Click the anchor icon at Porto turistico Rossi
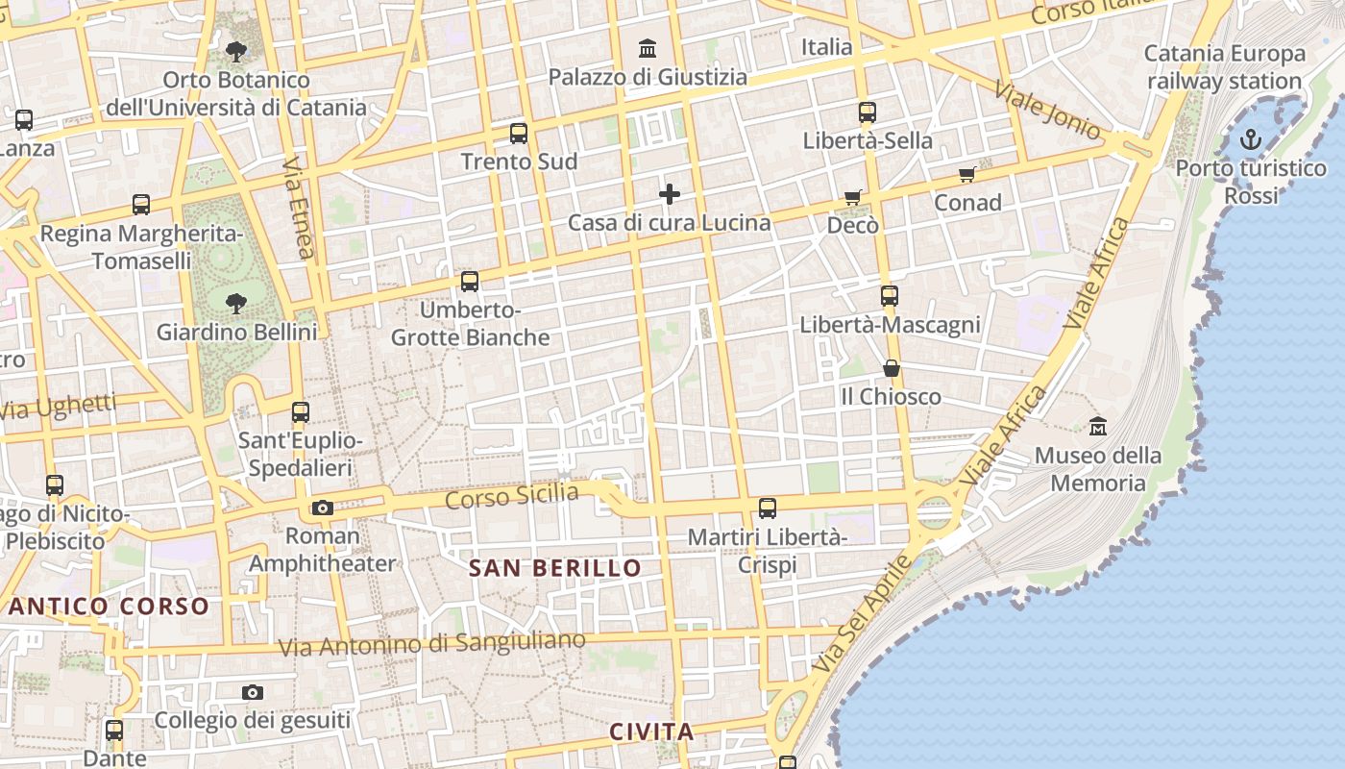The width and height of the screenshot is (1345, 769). [1250, 140]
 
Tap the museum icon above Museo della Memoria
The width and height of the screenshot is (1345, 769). [1097, 425]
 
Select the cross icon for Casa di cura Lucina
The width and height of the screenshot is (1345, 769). [670, 195]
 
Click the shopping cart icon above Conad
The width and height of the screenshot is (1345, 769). [967, 175]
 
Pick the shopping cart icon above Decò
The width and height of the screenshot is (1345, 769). [852, 198]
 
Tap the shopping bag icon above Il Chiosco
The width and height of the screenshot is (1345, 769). [892, 369]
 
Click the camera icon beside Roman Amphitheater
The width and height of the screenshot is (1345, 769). [323, 508]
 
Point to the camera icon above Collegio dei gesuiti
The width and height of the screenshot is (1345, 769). [253, 692]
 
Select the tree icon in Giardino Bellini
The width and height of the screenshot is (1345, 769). [235, 305]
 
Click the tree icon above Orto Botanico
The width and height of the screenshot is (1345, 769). [235, 52]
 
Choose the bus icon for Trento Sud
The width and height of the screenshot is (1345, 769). [519, 134]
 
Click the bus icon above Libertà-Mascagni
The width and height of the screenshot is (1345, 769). [890, 296]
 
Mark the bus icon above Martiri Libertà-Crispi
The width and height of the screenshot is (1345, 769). [768, 509]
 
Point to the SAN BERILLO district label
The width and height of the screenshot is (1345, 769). [555, 568]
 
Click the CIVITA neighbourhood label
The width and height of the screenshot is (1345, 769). [651, 732]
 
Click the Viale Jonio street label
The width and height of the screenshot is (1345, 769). [1047, 110]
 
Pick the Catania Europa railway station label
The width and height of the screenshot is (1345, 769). [1225, 67]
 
